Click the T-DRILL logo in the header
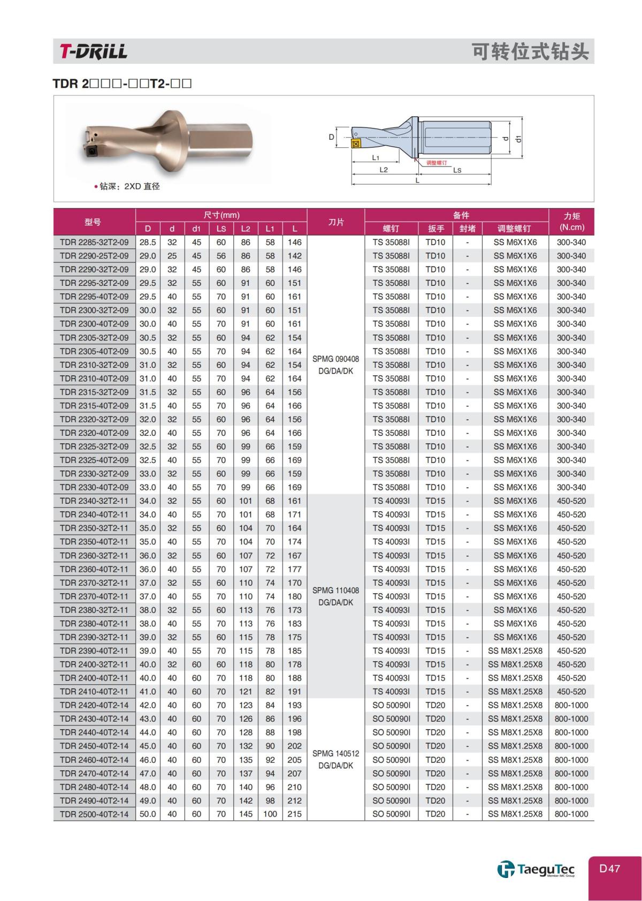[94, 51]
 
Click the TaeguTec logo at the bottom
[536, 869]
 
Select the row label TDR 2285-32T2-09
[94, 242]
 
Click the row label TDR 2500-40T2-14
[94, 814]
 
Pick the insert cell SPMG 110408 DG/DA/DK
[335, 596]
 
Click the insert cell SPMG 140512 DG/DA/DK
[335, 759]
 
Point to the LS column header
[221, 229]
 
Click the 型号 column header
[93, 222]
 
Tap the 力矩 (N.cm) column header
[571, 222]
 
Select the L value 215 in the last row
[294, 814]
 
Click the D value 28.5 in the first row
[148, 242]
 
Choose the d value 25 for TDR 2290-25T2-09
[172, 256]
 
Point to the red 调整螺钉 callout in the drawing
[436, 162]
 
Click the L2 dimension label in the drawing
[383, 170]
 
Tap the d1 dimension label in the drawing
[517, 138]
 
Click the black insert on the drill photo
[91, 152]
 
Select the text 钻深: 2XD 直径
[128, 186]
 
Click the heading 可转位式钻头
[530, 52]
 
